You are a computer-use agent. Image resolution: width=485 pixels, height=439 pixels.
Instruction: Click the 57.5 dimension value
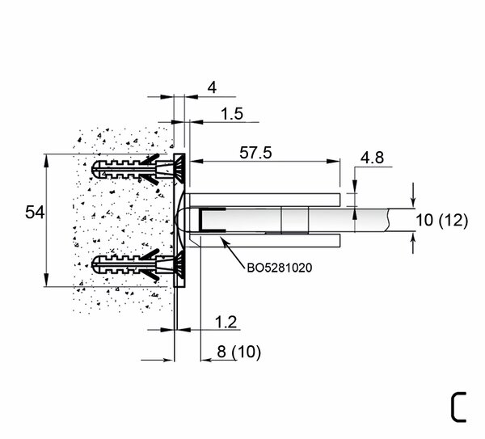point(255,153)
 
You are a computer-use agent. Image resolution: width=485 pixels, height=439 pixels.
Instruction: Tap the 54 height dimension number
point(35,213)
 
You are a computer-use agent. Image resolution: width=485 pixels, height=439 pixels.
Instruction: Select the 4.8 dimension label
point(372,158)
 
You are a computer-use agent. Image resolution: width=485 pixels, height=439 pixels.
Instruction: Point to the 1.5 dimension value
point(232,113)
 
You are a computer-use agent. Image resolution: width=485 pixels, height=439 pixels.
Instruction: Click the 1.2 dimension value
point(226,322)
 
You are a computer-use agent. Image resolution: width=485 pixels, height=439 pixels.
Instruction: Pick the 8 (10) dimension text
point(238,352)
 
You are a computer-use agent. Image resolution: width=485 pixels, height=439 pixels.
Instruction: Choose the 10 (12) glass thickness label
point(441,220)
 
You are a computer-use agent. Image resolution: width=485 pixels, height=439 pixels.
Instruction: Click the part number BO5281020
point(280,268)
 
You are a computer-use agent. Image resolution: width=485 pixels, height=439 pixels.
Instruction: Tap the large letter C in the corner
point(458,407)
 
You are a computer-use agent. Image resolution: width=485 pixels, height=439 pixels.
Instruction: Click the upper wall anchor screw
point(138,169)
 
